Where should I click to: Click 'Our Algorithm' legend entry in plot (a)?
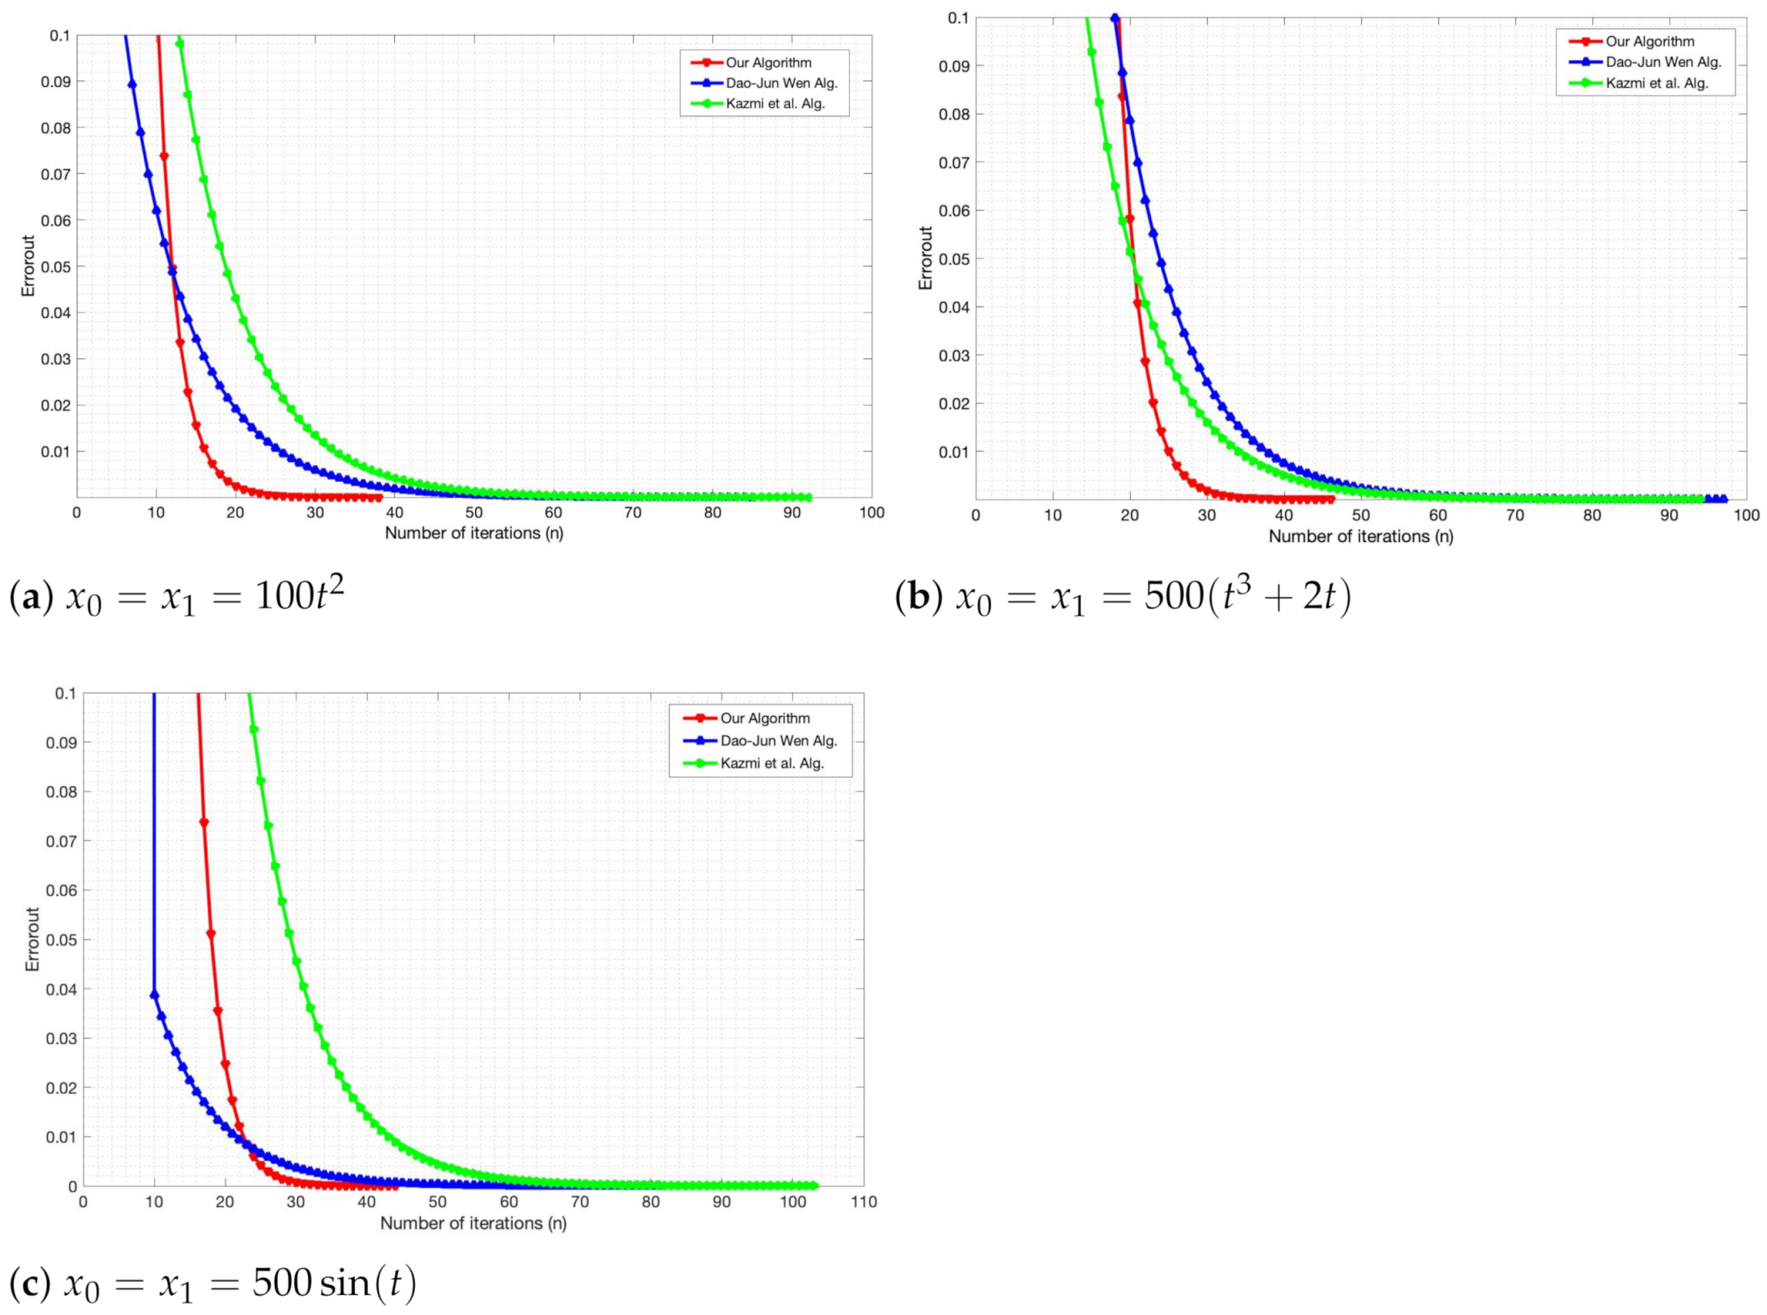(767, 63)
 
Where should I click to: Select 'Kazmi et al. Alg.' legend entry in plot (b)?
(1657, 84)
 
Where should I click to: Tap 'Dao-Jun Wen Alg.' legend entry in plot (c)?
(778, 741)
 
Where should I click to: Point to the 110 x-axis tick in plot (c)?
(863, 1202)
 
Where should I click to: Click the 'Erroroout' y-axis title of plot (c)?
(33, 939)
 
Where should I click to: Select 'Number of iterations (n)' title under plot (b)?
(1360, 536)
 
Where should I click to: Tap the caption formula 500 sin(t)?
(334, 1282)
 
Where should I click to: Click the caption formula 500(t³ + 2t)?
(1247, 596)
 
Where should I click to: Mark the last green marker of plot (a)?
(807, 498)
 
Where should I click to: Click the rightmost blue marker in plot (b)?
(1723, 499)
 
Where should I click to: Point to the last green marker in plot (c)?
(813, 1185)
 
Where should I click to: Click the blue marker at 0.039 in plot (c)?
(154, 995)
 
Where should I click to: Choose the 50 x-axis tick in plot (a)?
(474, 513)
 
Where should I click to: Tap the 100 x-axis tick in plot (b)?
(1746, 515)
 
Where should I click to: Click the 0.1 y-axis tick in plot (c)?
(65, 693)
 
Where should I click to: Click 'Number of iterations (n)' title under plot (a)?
(474, 533)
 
